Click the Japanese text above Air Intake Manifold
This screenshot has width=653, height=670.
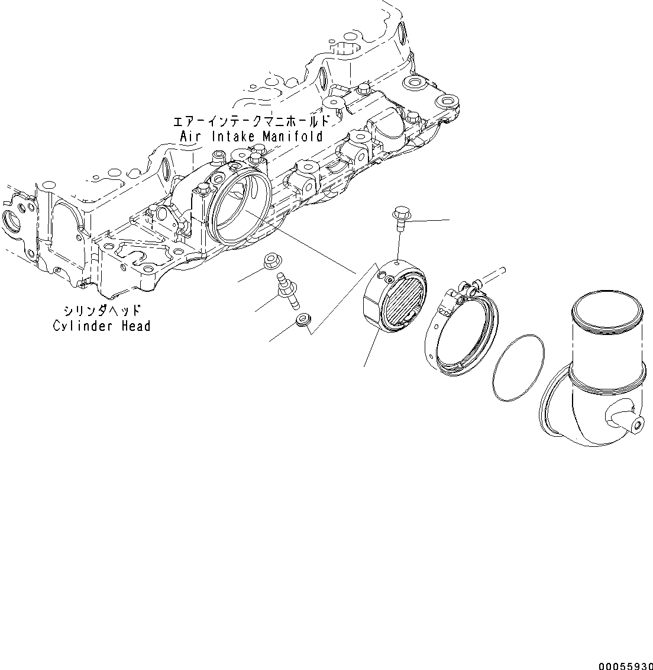coord(250,123)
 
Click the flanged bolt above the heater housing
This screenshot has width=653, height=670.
coord(400,217)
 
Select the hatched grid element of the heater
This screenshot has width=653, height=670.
coord(403,302)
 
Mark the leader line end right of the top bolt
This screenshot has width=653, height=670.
coord(448,220)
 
